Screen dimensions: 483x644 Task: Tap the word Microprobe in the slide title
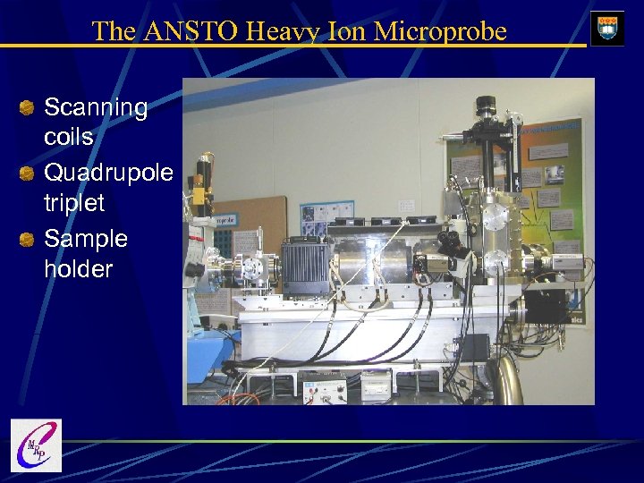[x=440, y=31]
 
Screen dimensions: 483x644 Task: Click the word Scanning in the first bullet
[x=96, y=107]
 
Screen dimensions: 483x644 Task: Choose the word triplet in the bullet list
[x=74, y=202]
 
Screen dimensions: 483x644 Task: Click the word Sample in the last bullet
[x=86, y=239]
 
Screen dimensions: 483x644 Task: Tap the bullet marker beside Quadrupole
[x=28, y=172]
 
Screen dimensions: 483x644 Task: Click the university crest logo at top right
[x=607, y=29]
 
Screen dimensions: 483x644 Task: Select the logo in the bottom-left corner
[x=36, y=445]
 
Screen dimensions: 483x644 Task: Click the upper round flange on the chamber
[x=495, y=217]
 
